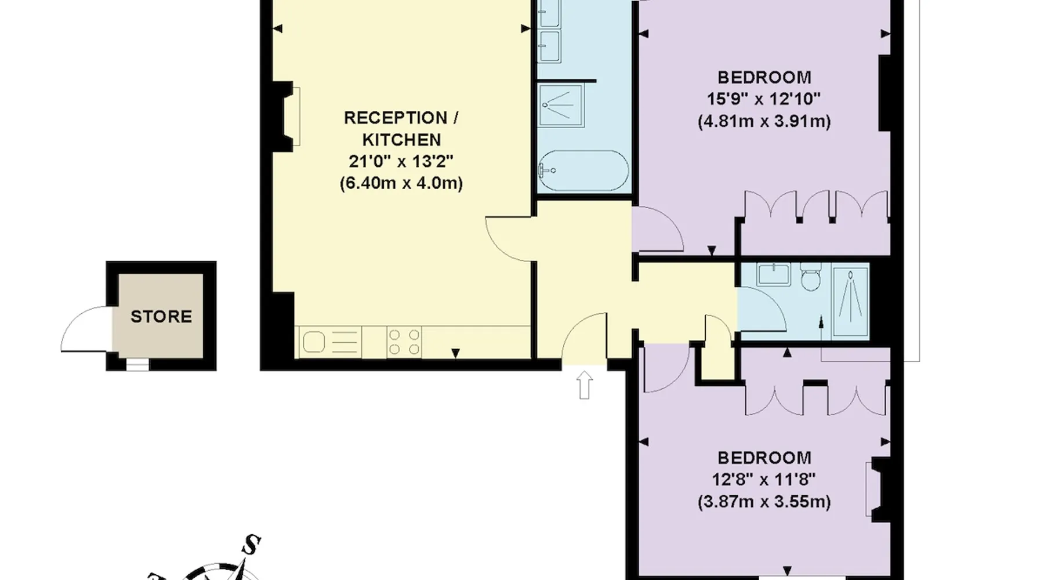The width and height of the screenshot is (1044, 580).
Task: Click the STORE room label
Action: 161,317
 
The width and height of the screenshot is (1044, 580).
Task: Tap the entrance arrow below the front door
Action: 585,385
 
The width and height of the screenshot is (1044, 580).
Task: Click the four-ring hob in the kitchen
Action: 404,342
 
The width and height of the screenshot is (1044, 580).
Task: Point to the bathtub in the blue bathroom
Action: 583,172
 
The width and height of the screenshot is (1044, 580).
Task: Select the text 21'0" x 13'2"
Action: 401,161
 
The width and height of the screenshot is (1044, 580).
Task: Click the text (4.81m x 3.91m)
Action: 764,122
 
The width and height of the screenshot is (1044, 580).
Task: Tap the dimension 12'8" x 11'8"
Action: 764,480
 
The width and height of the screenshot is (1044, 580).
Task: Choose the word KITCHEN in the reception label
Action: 401,140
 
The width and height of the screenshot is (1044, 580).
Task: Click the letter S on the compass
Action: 251,545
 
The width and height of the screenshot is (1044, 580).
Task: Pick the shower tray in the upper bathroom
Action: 561,106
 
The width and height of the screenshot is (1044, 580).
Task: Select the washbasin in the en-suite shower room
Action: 773,274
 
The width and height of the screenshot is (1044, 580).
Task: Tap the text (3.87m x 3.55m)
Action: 764,502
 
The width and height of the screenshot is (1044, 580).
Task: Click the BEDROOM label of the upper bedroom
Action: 764,77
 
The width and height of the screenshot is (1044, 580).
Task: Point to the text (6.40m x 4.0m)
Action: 401,183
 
